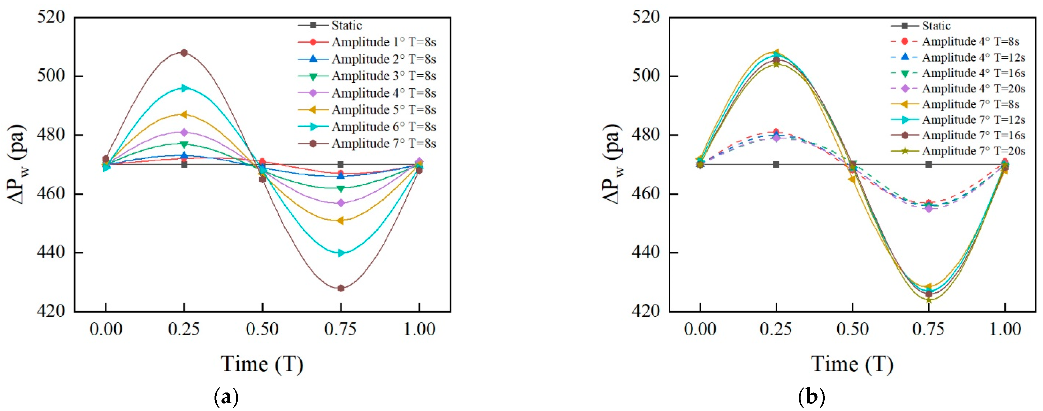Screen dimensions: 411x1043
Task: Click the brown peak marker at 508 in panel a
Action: tap(184, 53)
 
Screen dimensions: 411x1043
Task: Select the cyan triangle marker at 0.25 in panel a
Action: tap(184, 88)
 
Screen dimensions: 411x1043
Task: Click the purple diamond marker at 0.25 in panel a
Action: tap(184, 132)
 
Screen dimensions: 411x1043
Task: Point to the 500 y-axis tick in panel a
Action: tap(51, 76)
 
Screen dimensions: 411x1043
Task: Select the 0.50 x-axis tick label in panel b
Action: tap(852, 329)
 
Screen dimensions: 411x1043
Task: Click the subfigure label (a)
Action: tap(226, 397)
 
